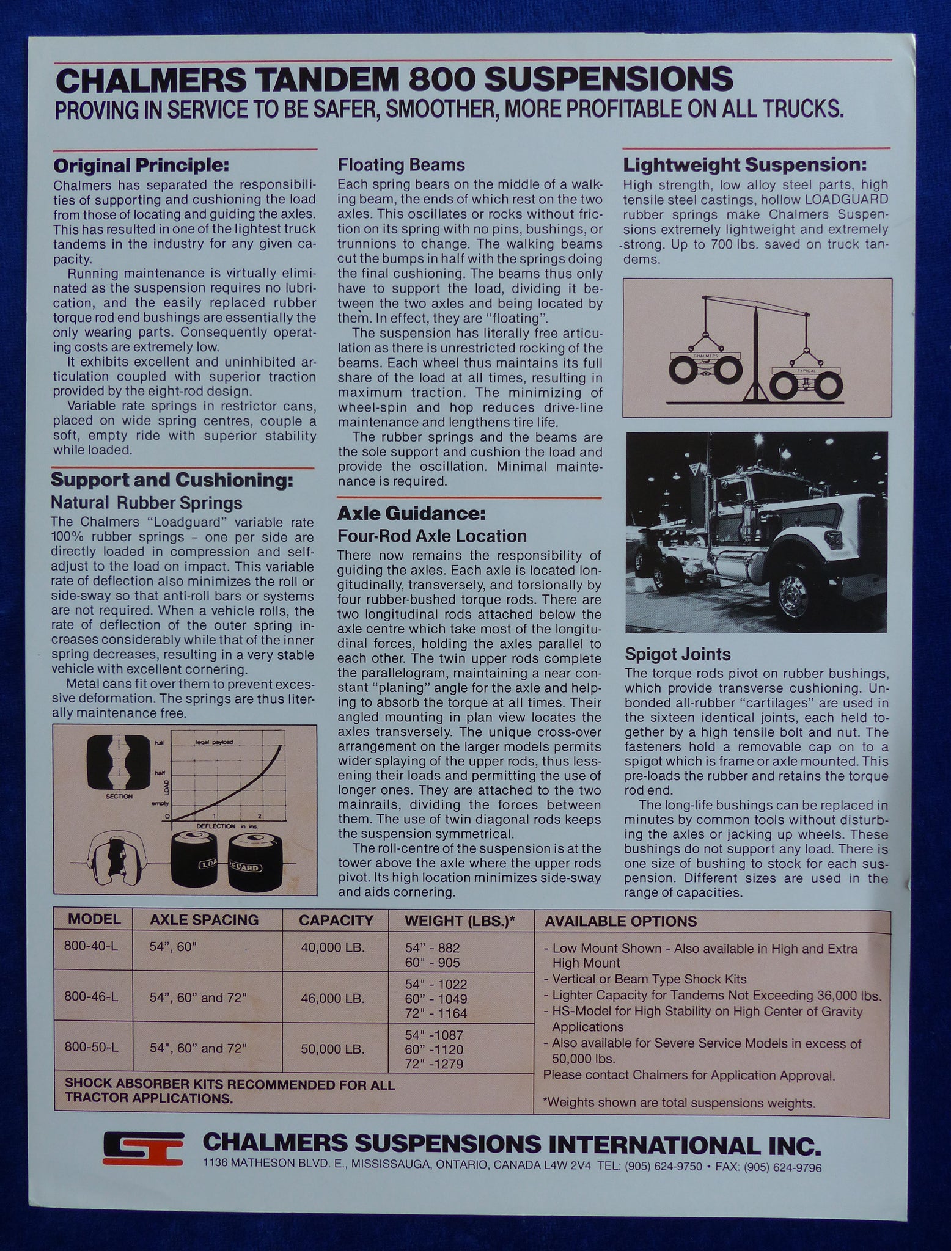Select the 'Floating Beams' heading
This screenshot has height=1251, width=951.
point(402,165)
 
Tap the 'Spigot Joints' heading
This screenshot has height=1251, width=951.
point(678,654)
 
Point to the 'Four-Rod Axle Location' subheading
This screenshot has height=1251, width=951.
point(432,536)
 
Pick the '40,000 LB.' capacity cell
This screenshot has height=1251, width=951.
point(333,948)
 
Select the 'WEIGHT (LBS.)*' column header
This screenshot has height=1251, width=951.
point(461,921)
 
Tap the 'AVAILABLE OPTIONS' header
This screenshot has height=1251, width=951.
point(620,921)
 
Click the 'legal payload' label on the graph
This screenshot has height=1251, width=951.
point(215,742)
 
